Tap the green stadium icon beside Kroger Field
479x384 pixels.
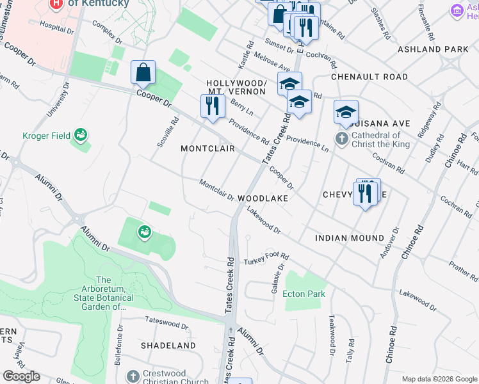pyautogui.click(x=81, y=135)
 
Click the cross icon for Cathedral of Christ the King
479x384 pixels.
pyautogui.click(x=343, y=138)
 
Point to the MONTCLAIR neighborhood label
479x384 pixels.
pyautogui.click(x=208, y=148)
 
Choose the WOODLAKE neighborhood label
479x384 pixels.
pyautogui.click(x=263, y=198)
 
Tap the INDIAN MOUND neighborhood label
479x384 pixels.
pyautogui.click(x=349, y=237)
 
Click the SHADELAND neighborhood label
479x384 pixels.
pyautogui.click(x=168, y=345)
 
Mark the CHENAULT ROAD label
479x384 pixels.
pyautogui.click(x=369, y=77)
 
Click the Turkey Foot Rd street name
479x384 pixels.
pyautogui.click(x=263, y=259)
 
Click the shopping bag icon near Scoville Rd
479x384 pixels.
pyautogui.click(x=143, y=73)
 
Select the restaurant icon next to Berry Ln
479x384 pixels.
pyautogui.click(x=212, y=106)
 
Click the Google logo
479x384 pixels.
pyautogui.click(x=21, y=376)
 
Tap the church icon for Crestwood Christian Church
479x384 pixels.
pyautogui.click(x=133, y=376)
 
